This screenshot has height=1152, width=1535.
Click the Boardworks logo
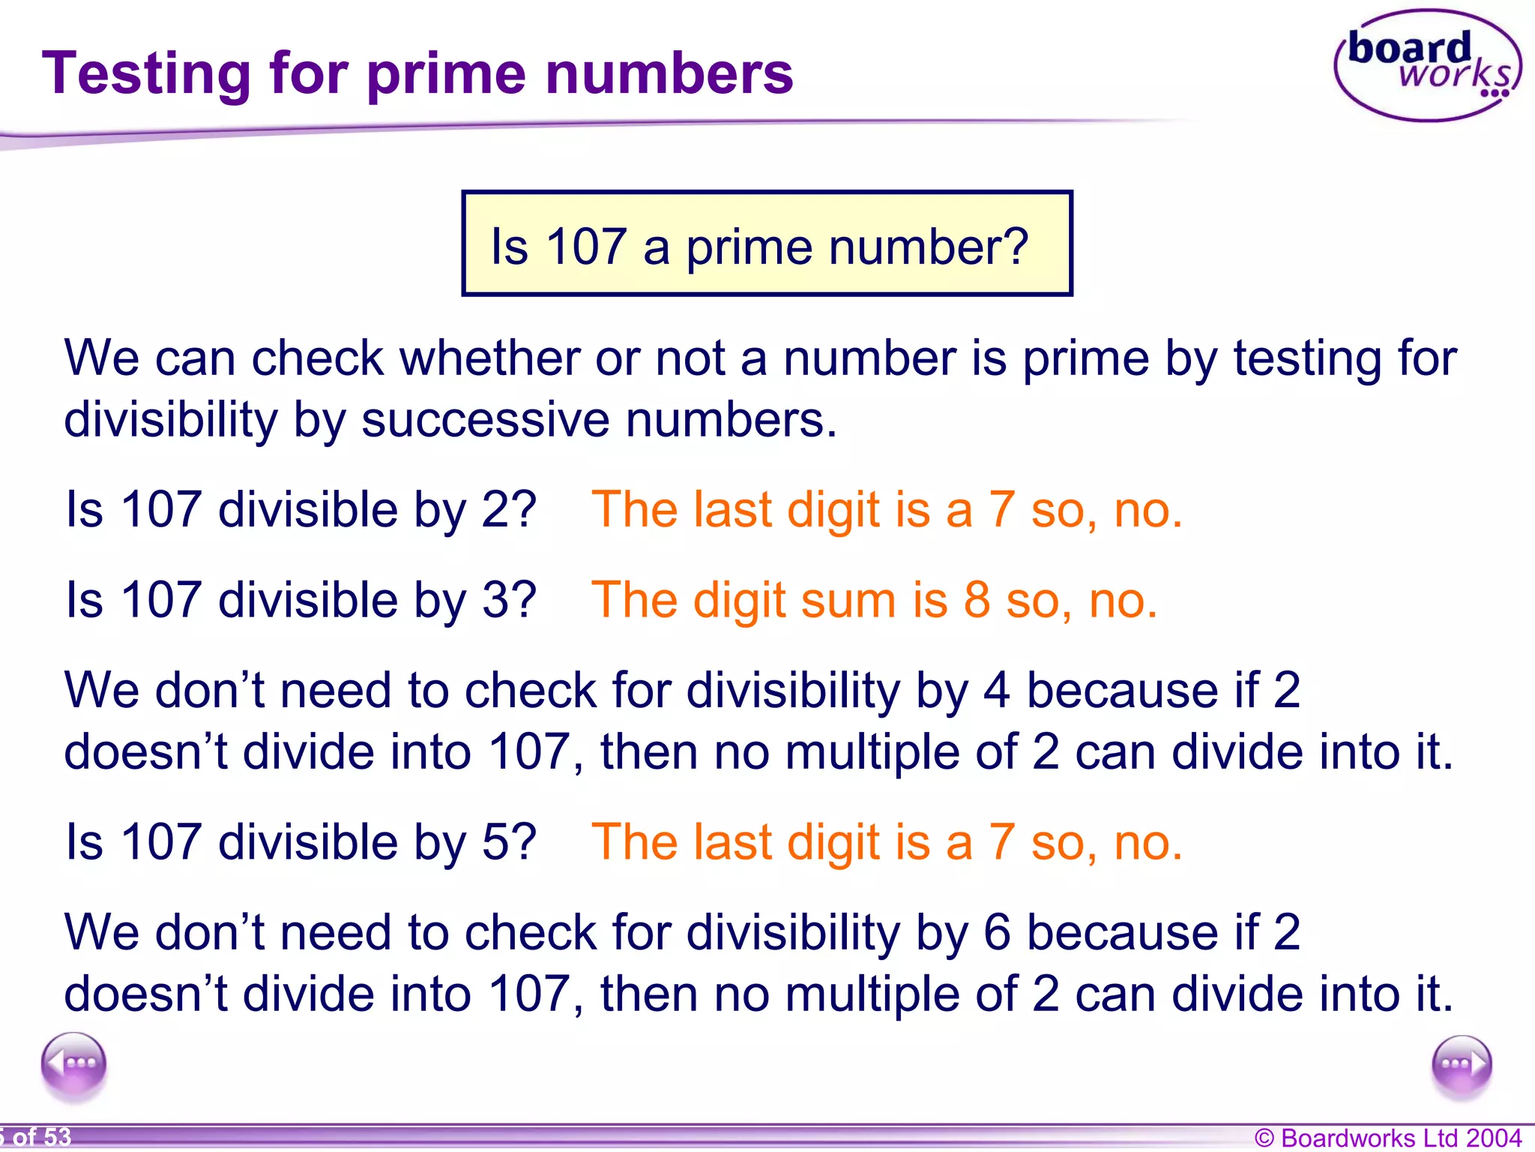[x=1427, y=66]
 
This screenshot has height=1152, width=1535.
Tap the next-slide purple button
[x=1461, y=1065]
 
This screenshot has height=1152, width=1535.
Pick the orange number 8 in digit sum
[x=977, y=601]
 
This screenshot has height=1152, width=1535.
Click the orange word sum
[x=848, y=601]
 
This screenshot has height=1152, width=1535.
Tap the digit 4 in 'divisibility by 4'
[x=996, y=691]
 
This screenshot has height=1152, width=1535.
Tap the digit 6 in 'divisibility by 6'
[x=997, y=933]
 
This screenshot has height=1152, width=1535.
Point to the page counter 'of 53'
[x=41, y=1138]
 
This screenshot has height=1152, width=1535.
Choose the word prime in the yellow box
[x=749, y=247]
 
